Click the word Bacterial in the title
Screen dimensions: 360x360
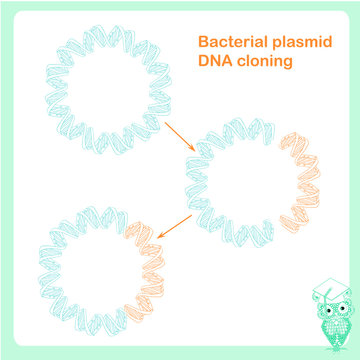227,44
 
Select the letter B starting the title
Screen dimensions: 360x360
203,44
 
